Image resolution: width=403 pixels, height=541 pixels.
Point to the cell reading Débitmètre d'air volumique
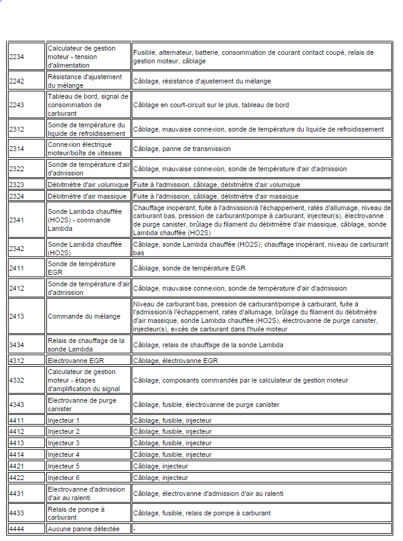88,185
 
